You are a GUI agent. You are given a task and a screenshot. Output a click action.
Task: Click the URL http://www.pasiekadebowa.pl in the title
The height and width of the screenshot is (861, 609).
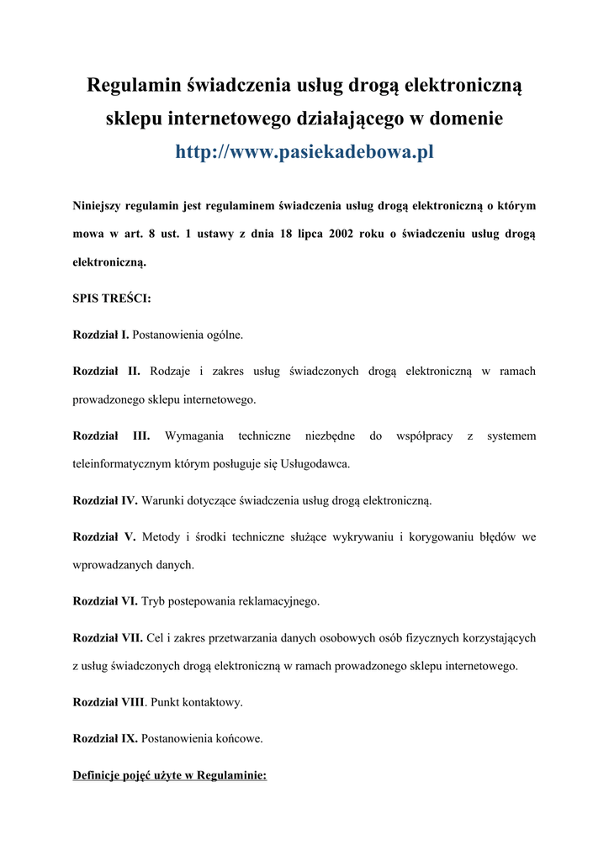pos(304,152)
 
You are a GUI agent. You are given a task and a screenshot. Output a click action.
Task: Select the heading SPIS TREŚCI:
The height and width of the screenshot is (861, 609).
pos(112,298)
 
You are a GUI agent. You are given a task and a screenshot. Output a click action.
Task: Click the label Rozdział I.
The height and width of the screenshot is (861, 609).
pos(101,335)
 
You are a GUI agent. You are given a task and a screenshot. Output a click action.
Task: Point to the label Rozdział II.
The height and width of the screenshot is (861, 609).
pos(107,371)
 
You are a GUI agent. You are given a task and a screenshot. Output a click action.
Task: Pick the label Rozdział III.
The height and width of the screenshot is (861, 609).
pos(111,436)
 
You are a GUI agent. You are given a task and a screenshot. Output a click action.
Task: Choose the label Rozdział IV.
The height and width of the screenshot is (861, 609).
pos(105,500)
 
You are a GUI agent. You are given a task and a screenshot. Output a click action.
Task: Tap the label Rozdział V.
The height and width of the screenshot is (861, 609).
pos(104,536)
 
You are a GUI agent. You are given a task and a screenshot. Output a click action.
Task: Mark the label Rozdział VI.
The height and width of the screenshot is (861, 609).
pos(105,601)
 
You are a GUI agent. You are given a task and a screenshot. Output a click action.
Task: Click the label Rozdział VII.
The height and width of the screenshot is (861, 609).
pos(108,637)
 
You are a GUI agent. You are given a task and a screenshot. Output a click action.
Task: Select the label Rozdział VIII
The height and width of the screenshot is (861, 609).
pos(109,701)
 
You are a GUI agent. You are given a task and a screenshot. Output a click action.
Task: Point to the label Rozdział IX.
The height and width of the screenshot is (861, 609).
pos(105,738)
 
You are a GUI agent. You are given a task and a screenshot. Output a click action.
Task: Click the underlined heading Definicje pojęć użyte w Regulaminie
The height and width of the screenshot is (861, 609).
pos(170,775)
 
